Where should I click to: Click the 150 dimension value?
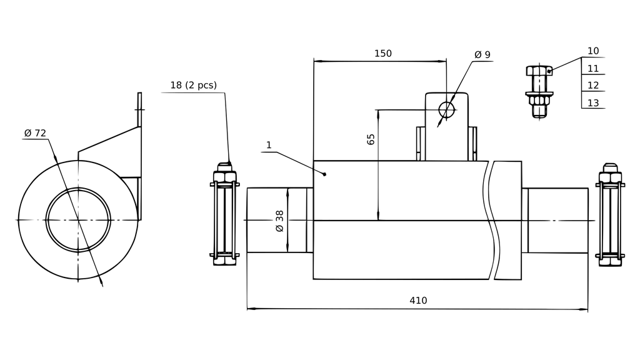tap(382, 54)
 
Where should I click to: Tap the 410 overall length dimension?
tap(418, 301)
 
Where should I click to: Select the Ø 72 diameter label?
tap(35, 133)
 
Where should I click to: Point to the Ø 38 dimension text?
tap(279, 221)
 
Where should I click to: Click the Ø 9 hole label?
tap(482, 55)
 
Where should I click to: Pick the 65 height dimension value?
tap(371, 139)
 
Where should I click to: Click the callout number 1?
tap(269, 145)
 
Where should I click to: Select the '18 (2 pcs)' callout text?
tap(193, 85)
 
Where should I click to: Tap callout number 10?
tap(593, 51)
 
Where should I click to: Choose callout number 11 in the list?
tap(593, 69)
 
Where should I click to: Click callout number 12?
tap(593, 86)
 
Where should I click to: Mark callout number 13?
tap(593, 102)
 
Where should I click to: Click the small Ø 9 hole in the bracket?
tap(446, 110)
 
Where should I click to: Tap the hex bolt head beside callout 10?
tap(538, 71)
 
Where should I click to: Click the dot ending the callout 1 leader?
tap(325, 174)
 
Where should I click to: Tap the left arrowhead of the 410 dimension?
tap(250, 308)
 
